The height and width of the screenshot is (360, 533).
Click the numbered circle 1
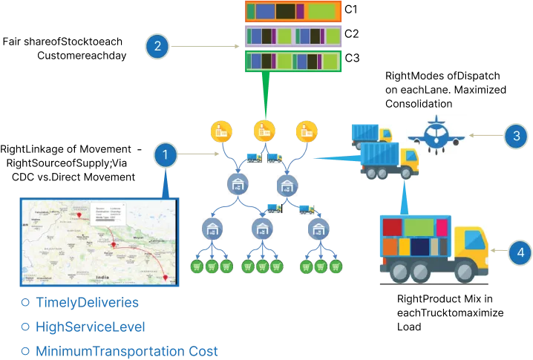[x=165, y=155]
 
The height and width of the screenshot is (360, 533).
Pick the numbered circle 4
[x=520, y=253]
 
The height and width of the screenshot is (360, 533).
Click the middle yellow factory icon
[x=264, y=131]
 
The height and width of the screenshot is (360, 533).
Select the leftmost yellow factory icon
[x=220, y=131]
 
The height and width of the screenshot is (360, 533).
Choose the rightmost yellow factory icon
[x=307, y=131]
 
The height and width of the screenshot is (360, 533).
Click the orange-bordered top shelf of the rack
[x=292, y=11]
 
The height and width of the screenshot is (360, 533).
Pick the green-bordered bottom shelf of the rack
[x=292, y=60]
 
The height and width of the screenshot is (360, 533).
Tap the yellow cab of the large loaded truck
[x=469, y=249]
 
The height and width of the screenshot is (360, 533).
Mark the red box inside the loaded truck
[x=393, y=226]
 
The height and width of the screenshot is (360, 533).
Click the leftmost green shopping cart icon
[x=197, y=266]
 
